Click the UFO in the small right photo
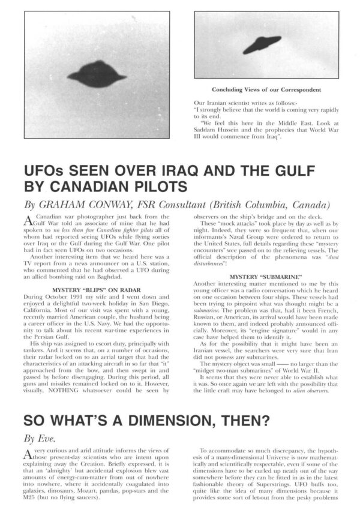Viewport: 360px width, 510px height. (x=262, y=44)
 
